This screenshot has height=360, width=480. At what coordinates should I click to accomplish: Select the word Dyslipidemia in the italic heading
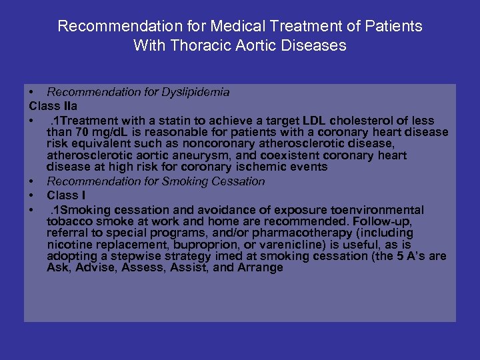(x=195, y=92)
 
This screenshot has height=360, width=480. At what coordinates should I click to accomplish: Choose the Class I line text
(x=66, y=196)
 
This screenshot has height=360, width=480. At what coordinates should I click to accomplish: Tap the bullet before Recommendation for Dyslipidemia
(x=31, y=92)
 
